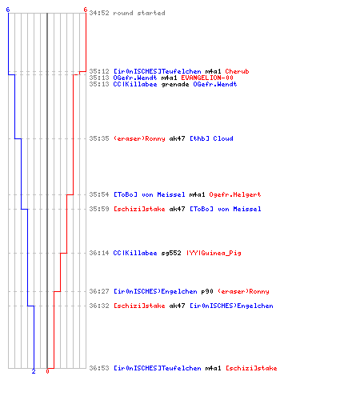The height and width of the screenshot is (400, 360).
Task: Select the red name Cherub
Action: pyautogui.click(x=237, y=71)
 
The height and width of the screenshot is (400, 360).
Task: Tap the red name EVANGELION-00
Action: pyautogui.click(x=207, y=78)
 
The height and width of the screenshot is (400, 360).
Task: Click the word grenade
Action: pyautogui.click(x=175, y=85)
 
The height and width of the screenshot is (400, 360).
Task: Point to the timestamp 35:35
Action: pyautogui.click(x=99, y=138)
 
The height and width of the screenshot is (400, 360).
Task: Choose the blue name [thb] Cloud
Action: pyautogui.click(x=211, y=138)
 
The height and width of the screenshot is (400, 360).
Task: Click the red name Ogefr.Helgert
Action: pyautogui.click(x=235, y=194)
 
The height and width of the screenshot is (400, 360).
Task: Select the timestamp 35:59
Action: pyautogui.click(x=99, y=209)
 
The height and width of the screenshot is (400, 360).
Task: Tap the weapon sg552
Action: pyautogui.click(x=171, y=253)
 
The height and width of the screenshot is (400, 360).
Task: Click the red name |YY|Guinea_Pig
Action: pyautogui.click(x=214, y=253)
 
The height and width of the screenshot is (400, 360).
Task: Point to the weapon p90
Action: pyautogui.click(x=207, y=291)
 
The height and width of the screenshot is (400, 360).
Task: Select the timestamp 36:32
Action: pyautogui.click(x=99, y=306)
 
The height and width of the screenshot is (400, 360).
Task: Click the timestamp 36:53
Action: pyautogui.click(x=99, y=368)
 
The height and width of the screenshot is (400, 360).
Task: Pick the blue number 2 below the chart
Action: pyautogui.click(x=34, y=371)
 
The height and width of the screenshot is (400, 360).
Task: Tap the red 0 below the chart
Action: pyautogui.click(x=47, y=371)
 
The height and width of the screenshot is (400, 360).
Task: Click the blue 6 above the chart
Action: pyautogui.click(x=8, y=10)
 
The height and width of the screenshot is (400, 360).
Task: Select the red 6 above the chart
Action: pyautogui.click(x=86, y=10)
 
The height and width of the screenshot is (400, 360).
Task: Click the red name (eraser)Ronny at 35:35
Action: pyautogui.click(x=139, y=138)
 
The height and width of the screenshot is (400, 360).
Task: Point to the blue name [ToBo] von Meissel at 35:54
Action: pyautogui.click(x=150, y=194)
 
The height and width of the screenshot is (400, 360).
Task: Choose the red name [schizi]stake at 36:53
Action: pyautogui.click(x=251, y=368)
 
